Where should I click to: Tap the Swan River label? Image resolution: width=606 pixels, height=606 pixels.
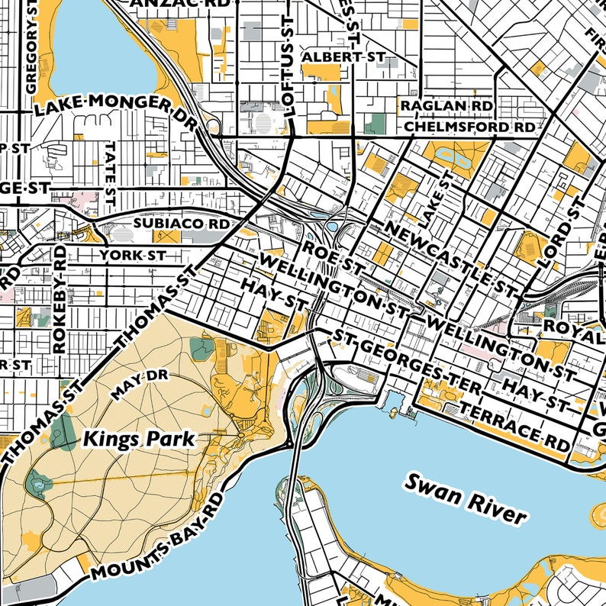point(465,498)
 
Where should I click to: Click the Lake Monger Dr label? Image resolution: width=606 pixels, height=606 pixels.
point(114,109)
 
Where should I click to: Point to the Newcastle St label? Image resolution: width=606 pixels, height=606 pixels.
point(450,258)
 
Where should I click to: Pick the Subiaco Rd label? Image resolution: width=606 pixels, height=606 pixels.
point(181,224)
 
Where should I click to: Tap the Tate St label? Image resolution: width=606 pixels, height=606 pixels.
point(111,172)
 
